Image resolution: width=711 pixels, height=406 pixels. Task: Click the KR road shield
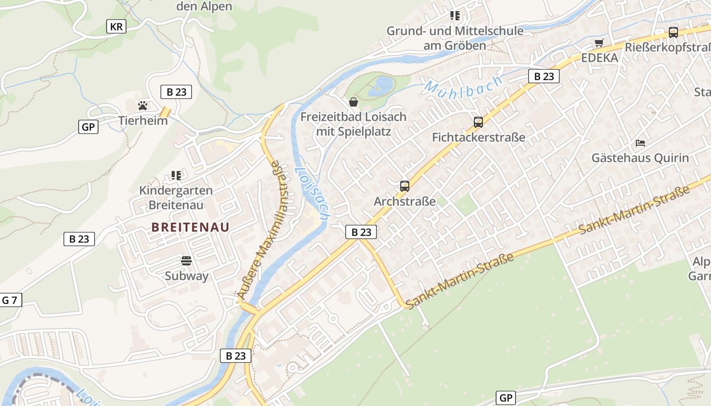click(x=116, y=26)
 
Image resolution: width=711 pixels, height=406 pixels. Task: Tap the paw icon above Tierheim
click(x=143, y=106)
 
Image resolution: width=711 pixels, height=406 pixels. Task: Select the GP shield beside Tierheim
click(x=88, y=127)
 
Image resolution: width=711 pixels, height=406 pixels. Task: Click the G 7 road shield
click(x=10, y=300)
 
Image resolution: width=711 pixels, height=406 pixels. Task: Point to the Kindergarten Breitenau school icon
click(x=176, y=176)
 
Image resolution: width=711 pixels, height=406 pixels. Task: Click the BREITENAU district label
click(x=190, y=227)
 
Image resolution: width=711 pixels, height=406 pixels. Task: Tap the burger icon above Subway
click(x=186, y=261)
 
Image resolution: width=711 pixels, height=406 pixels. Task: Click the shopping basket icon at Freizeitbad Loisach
click(x=353, y=102)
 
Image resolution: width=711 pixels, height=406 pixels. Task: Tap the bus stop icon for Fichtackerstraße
click(x=478, y=122)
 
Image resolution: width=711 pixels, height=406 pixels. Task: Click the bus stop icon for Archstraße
click(x=404, y=186)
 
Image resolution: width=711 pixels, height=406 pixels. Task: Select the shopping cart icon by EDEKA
click(x=599, y=43)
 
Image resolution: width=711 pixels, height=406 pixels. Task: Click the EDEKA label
click(x=599, y=58)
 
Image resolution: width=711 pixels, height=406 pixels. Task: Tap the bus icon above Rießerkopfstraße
click(x=673, y=32)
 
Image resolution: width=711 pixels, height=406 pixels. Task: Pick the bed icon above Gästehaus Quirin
click(x=640, y=143)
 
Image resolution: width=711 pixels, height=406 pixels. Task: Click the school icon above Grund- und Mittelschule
click(x=455, y=16)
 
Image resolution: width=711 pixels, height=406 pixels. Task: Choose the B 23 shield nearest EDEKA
click(x=543, y=76)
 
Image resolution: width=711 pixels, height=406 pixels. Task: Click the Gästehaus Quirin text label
click(x=640, y=158)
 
